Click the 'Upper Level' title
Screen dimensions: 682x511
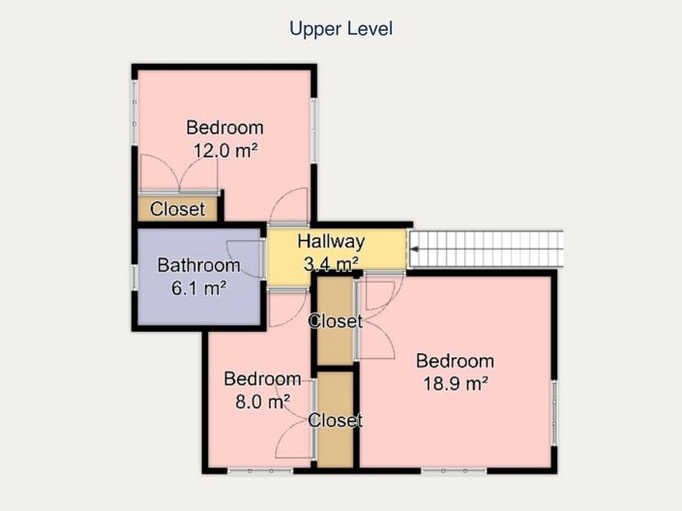(x=341, y=29)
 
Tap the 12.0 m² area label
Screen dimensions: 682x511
(x=225, y=151)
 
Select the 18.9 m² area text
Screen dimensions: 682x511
(x=455, y=383)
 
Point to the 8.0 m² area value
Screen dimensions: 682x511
(x=263, y=402)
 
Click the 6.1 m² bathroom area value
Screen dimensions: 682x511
(x=198, y=287)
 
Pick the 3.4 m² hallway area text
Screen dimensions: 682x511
(x=331, y=264)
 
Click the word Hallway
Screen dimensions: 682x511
(x=331, y=242)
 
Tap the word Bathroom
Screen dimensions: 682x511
(x=198, y=265)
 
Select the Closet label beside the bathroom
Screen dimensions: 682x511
(x=177, y=209)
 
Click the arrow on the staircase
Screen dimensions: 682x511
(x=415, y=249)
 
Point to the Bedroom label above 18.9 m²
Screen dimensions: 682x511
(x=455, y=361)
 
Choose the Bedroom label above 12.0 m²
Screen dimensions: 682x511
(x=224, y=128)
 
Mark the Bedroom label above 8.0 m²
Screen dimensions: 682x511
(x=263, y=379)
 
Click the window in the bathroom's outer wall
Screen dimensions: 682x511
(x=134, y=277)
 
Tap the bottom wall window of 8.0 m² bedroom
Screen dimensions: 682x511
(x=260, y=471)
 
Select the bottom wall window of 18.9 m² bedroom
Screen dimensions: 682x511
(x=454, y=471)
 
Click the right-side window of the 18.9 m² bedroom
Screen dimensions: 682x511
(x=554, y=412)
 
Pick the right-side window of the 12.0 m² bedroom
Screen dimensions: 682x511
(x=314, y=131)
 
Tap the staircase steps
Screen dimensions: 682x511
(x=487, y=249)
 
